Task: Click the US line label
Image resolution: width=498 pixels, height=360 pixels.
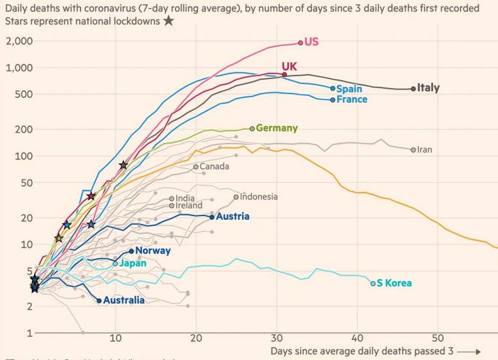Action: point(311,42)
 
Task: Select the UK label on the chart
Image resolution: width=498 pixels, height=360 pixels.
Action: point(290,67)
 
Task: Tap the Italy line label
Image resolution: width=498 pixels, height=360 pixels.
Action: point(429,88)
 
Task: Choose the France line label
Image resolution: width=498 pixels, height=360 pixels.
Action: point(353,100)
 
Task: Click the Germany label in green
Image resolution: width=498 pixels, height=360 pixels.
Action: point(277,128)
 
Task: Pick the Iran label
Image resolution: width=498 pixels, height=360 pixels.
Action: point(425,149)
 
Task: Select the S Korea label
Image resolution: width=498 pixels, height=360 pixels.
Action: point(394,283)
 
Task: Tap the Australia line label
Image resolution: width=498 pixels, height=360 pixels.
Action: point(124,300)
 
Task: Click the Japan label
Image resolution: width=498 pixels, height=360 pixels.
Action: point(133,263)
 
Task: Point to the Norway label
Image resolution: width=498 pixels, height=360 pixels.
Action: point(153,251)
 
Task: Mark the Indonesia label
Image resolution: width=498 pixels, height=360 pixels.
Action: point(259,196)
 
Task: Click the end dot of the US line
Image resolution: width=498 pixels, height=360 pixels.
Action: point(300,43)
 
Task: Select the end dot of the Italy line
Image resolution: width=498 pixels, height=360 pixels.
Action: point(413,89)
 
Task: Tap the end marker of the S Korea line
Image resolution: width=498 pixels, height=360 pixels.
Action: point(373,283)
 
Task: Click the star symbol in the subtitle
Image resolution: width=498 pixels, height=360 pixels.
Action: point(169,21)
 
